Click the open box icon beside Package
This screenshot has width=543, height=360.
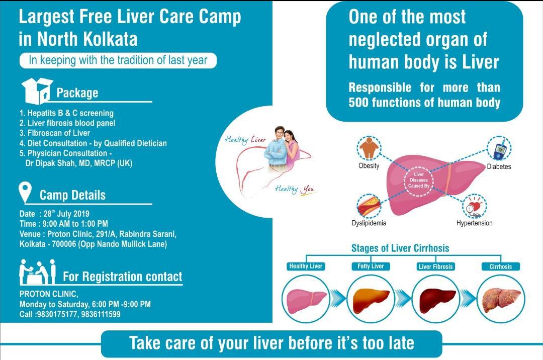pos(37,91)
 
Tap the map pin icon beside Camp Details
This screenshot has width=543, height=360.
pos(25,192)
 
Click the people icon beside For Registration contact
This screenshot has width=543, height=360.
pos(37,272)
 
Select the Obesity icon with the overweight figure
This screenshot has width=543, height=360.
pos(369,148)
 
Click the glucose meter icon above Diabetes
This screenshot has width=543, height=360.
pos(499,148)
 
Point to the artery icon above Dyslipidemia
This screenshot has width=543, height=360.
pos(369,206)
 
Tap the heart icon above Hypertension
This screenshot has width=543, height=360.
pos(474,206)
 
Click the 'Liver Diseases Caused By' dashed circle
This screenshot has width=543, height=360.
pos(419,181)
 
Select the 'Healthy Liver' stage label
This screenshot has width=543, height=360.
pos(306,266)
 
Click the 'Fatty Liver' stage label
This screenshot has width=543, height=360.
pos(371,266)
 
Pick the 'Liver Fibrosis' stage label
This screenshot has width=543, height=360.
pos(435,266)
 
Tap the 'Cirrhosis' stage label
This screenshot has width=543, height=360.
pos(501,266)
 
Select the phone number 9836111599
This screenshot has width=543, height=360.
pos(101,314)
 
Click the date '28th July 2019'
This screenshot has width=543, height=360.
pos(66,213)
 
